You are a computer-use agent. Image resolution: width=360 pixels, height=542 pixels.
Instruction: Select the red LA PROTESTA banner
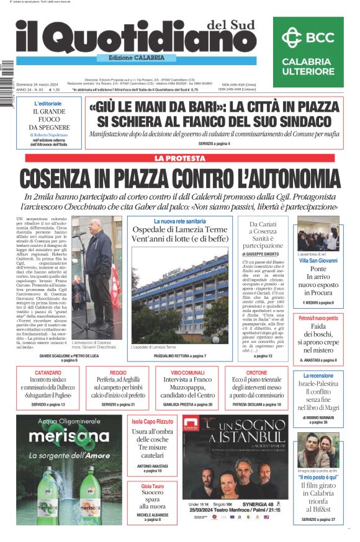pos(180,159)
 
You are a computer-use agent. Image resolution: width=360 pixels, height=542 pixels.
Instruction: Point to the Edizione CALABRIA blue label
pos(132,58)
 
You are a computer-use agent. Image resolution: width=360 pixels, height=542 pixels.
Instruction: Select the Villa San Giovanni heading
pos(318,260)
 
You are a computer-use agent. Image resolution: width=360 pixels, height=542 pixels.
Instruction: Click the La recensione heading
pos(318,375)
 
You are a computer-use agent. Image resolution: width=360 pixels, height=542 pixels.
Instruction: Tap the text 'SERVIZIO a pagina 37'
pos(318,520)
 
